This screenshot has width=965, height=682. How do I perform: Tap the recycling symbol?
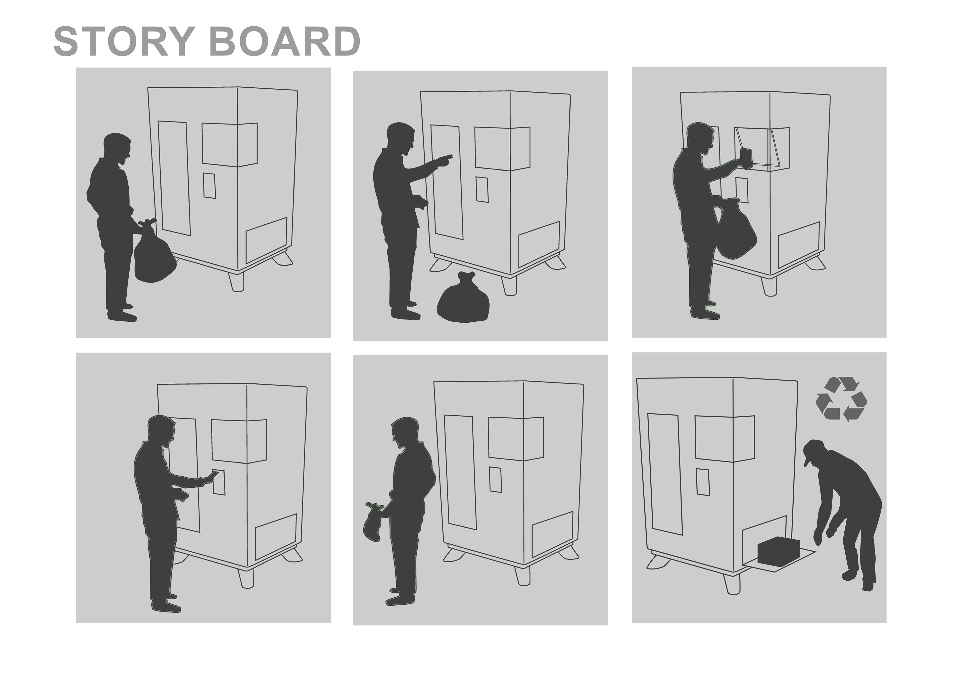pyautogui.click(x=841, y=399)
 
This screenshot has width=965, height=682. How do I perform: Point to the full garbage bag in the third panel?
pyautogui.click(x=736, y=229)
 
